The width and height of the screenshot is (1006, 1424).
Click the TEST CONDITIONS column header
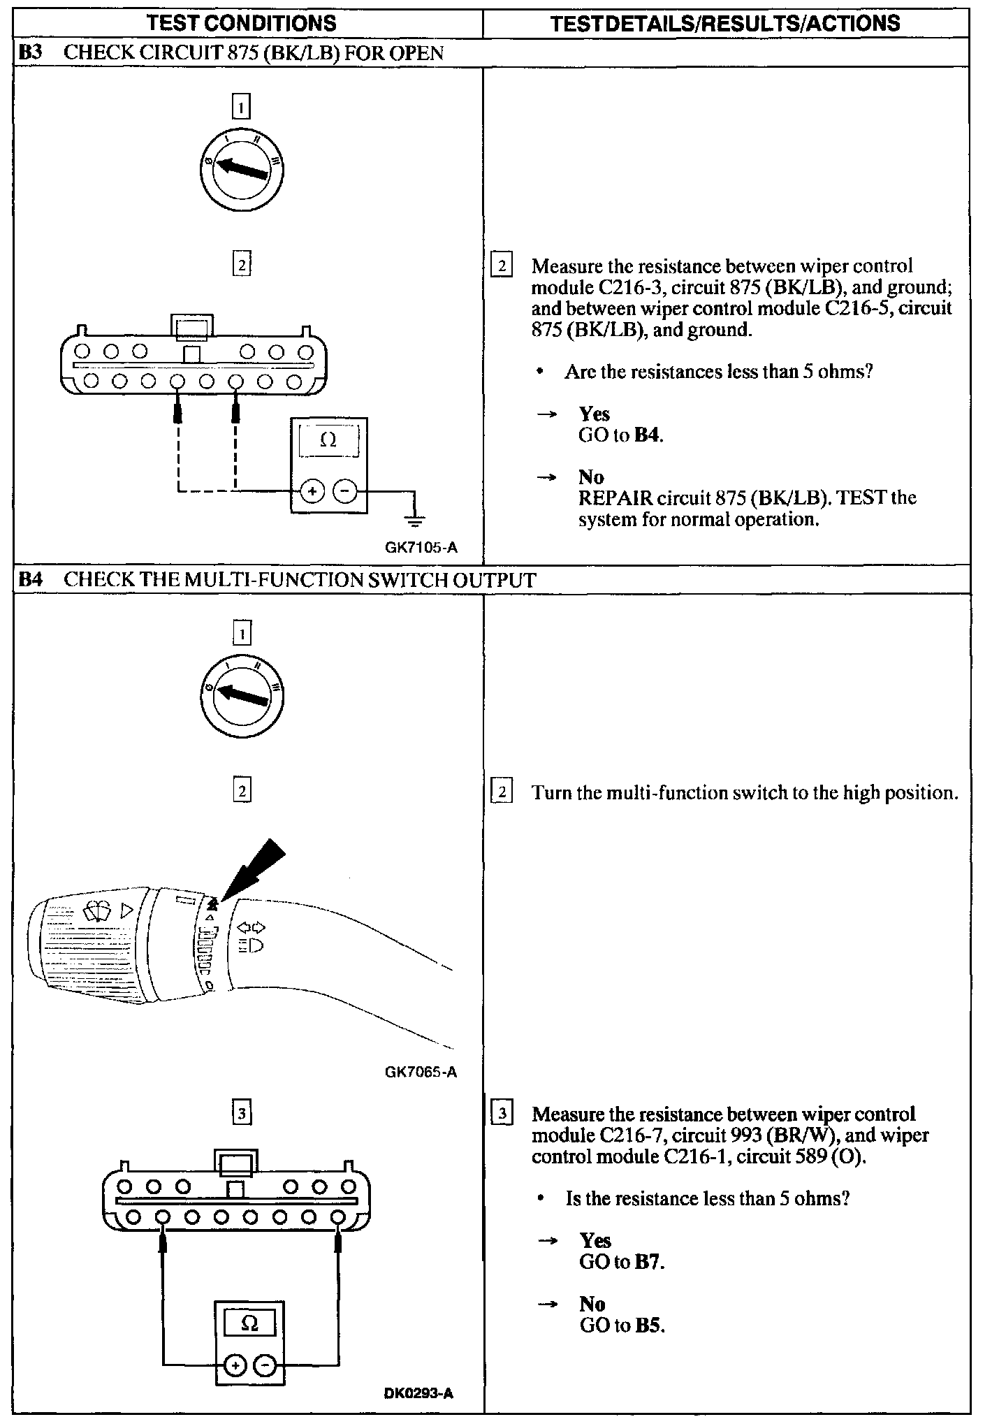click(241, 23)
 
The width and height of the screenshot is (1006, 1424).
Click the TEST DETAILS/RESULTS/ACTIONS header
click(725, 23)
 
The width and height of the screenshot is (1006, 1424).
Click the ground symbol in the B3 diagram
click(415, 518)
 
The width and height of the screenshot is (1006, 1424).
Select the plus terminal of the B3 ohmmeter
click(312, 491)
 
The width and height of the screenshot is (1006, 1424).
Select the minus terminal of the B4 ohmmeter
click(265, 1364)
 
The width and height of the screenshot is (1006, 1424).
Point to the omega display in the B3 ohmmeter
click(328, 441)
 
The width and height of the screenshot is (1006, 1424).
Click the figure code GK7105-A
click(421, 548)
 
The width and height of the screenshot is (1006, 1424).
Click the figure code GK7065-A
click(421, 1072)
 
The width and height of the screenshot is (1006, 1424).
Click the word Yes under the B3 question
click(594, 414)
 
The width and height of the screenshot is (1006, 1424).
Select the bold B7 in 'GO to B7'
click(648, 1262)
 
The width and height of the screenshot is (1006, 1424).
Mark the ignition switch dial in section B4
click(242, 698)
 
